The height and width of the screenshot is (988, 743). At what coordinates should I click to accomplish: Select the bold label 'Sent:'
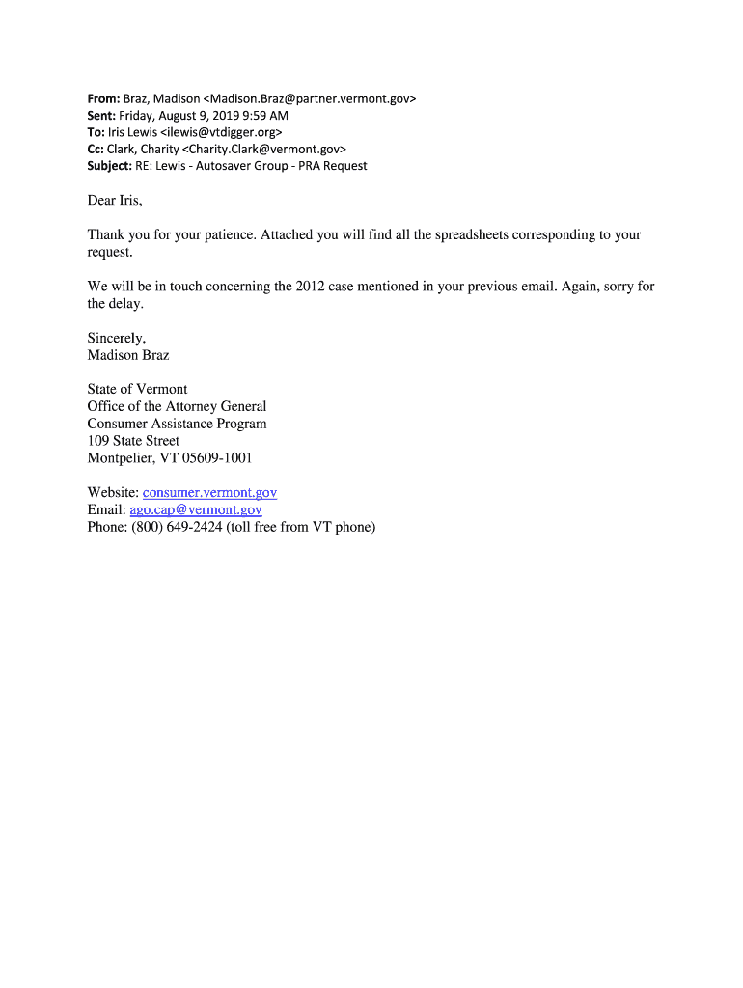[x=103, y=115]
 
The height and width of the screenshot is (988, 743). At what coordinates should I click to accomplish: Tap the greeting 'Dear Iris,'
[x=115, y=201]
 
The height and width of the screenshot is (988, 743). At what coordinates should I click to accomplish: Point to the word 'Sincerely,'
[x=117, y=338]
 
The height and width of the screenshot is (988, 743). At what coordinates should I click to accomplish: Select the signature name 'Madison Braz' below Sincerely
[x=128, y=355]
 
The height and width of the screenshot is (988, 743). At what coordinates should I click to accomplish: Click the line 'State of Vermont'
[x=137, y=389]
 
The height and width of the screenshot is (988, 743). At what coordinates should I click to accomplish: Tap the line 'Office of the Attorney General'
[x=177, y=406]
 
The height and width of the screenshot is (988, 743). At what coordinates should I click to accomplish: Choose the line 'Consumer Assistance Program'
[x=177, y=424]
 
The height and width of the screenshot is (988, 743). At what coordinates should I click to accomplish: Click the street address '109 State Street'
[x=133, y=441]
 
